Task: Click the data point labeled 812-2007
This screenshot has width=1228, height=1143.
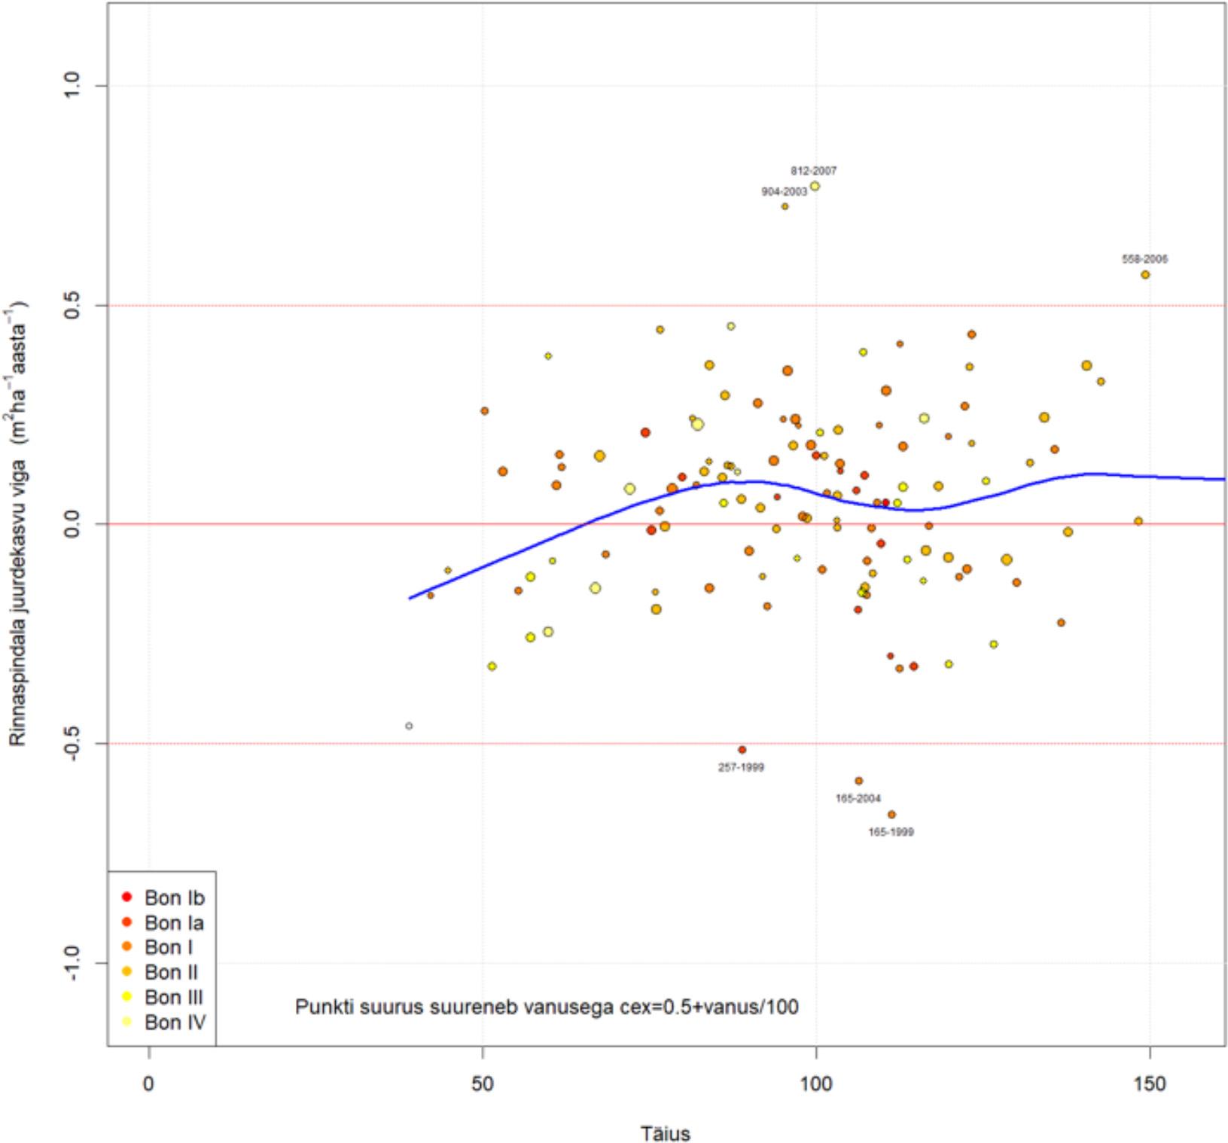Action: click(815, 186)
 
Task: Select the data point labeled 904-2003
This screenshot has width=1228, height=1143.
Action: click(785, 206)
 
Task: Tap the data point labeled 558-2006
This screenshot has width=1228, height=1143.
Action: click(1145, 275)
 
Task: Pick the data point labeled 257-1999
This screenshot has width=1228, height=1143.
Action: click(742, 750)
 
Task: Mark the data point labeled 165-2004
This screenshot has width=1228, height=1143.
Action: click(859, 781)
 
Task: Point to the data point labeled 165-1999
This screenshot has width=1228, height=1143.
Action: click(891, 815)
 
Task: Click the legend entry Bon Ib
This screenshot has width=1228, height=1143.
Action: click(174, 898)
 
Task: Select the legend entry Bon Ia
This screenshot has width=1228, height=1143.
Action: click(174, 922)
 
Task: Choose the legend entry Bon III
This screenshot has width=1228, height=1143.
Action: click(174, 997)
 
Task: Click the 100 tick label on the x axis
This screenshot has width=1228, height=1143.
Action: click(816, 1084)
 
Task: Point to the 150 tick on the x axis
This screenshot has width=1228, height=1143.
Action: click(1150, 1084)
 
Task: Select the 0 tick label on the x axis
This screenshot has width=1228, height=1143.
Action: click(149, 1084)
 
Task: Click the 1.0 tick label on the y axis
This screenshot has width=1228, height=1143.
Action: click(72, 86)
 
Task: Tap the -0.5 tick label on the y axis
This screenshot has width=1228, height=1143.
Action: click(72, 743)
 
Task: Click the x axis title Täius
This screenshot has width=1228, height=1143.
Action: click(666, 1132)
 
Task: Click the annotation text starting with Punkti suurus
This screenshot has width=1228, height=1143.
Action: click(547, 1007)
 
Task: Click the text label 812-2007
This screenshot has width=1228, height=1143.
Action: click(813, 171)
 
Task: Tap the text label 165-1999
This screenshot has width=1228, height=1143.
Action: click(891, 832)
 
